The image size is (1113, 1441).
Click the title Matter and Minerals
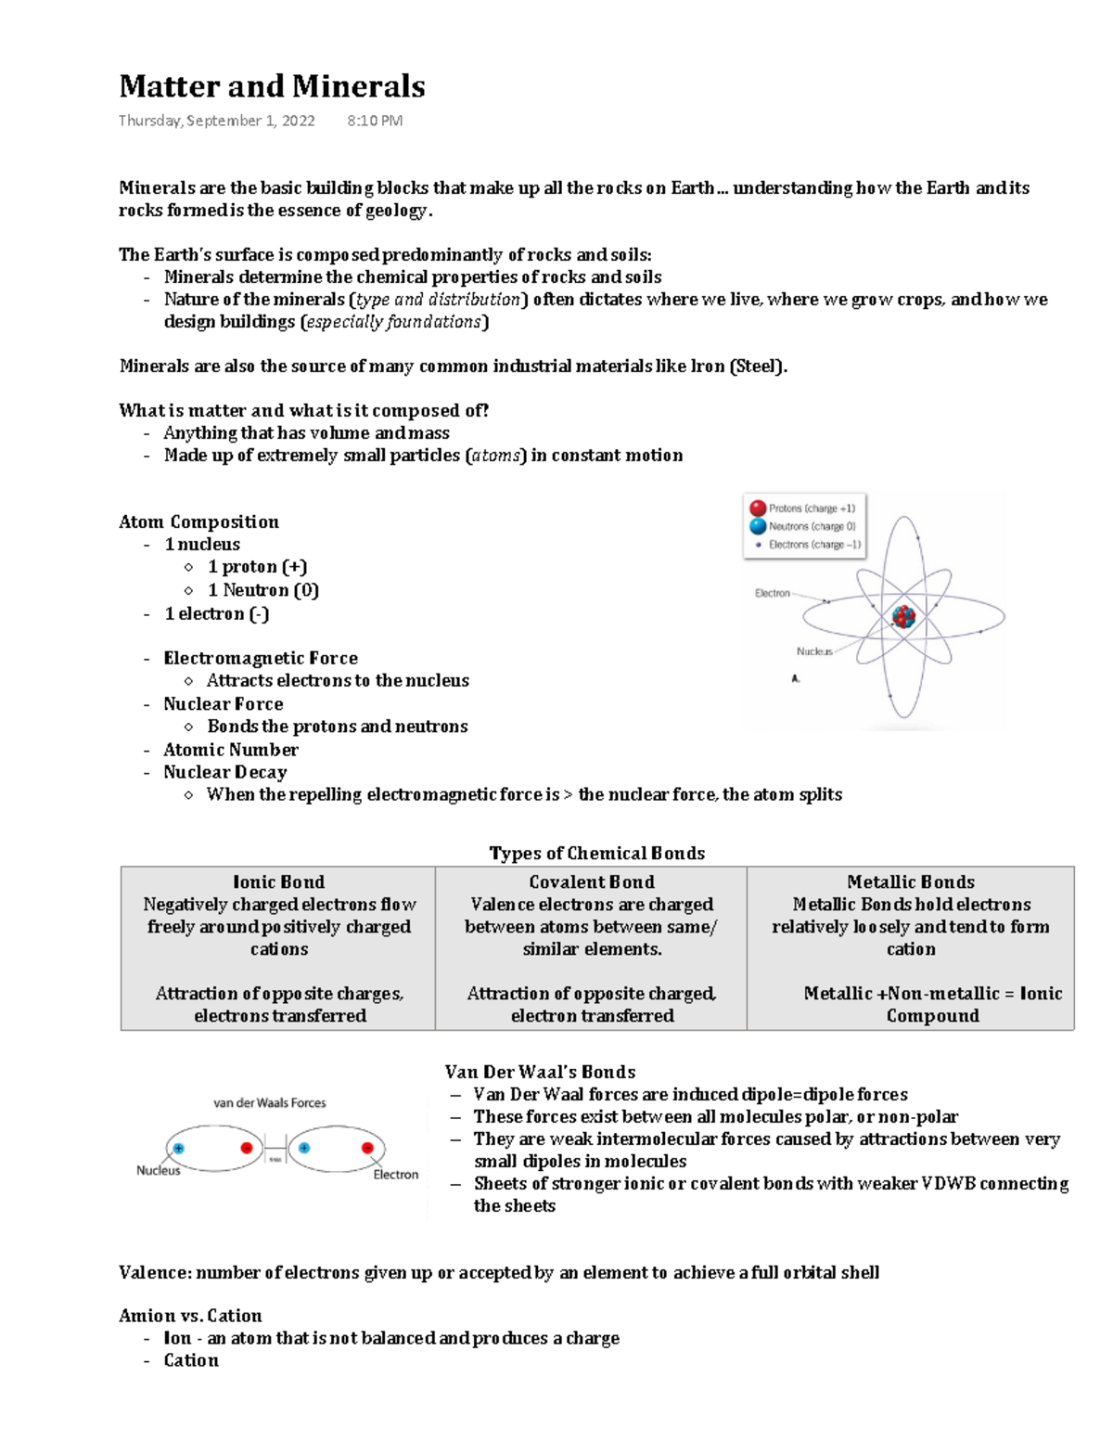tap(272, 86)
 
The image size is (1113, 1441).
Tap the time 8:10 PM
tap(375, 121)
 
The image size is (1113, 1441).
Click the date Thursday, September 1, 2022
tap(216, 121)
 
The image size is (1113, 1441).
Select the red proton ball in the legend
tap(758, 508)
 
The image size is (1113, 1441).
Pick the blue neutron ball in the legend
tap(758, 526)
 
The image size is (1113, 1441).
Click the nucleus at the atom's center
tap(903, 616)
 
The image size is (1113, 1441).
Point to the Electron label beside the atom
tap(772, 593)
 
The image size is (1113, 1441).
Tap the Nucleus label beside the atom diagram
tap(813, 651)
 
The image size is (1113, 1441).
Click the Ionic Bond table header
tap(278, 881)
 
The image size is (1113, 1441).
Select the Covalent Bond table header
tap(592, 881)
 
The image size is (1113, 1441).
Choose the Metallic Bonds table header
tap(911, 881)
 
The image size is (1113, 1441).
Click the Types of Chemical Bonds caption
tap(596, 853)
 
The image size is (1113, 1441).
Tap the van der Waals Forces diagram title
tap(270, 1102)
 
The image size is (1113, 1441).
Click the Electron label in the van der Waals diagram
tap(395, 1174)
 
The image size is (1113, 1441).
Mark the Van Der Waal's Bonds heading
tap(540, 1072)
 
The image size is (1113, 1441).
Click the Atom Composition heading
tap(198, 521)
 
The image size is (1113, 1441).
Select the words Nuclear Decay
tap(225, 772)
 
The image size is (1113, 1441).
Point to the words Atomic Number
tap(231, 750)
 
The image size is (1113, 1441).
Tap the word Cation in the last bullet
tap(191, 1360)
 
